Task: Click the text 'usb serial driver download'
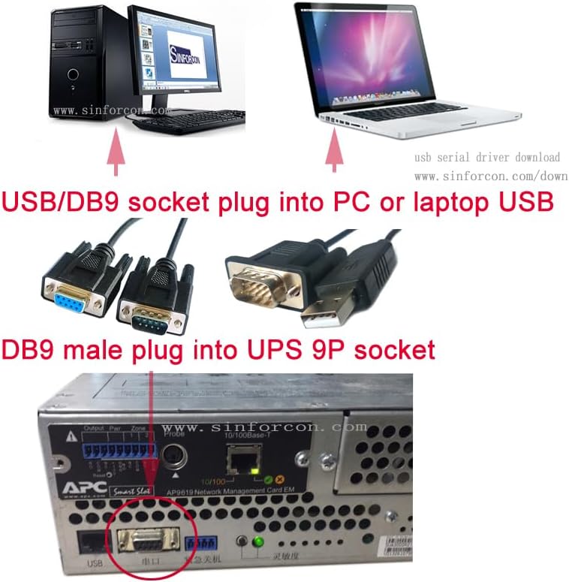point(487,158)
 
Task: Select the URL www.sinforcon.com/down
point(491,176)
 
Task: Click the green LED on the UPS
point(259,542)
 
